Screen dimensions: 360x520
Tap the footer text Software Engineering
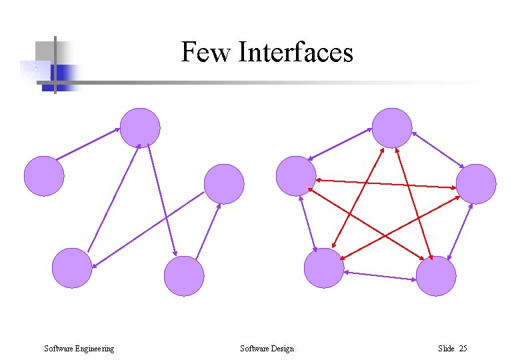click(x=79, y=348)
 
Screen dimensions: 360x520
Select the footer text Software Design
click(x=267, y=348)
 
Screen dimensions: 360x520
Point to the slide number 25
click(x=463, y=348)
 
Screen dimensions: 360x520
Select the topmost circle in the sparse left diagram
click(x=140, y=127)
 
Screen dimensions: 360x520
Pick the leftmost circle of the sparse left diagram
click(x=44, y=175)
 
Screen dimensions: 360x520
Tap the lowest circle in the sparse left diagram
click(x=183, y=276)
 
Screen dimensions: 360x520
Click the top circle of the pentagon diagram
click(x=392, y=127)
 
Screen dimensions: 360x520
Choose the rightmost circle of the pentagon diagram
click(x=476, y=183)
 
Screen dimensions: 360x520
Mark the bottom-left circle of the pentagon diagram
click(x=323, y=268)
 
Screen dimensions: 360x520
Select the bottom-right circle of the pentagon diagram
click(x=436, y=276)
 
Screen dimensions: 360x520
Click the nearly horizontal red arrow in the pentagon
click(x=387, y=183)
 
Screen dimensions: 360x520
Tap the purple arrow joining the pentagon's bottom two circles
click(x=380, y=274)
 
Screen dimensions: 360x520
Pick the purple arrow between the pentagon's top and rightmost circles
click(x=437, y=149)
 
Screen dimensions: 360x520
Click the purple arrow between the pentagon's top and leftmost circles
click(x=341, y=143)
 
